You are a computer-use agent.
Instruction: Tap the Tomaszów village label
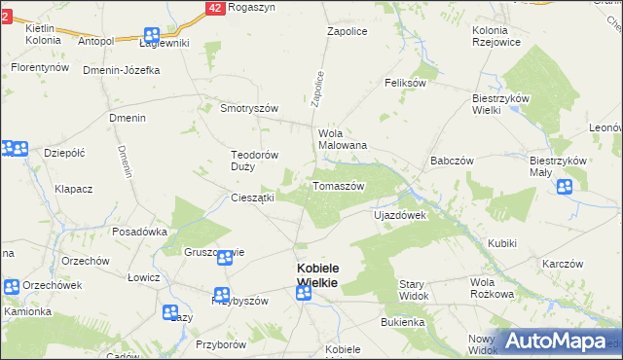[338, 186]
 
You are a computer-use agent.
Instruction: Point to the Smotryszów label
[250, 108]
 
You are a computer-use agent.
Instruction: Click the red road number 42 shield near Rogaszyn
[215, 7]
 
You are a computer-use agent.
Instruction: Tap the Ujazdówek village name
[400, 215]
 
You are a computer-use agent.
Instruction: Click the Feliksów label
[406, 84]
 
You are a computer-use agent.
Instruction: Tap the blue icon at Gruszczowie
[225, 258]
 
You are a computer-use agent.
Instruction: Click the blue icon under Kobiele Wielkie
[304, 293]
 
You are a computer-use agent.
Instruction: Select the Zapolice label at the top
[346, 31]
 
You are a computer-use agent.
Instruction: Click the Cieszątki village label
[252, 198]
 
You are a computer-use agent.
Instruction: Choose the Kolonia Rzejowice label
[495, 36]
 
